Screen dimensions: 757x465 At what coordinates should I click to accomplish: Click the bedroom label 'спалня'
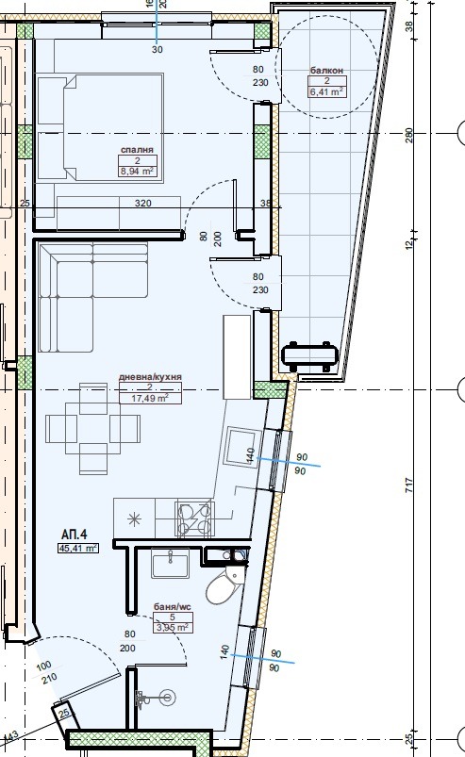click(x=137, y=150)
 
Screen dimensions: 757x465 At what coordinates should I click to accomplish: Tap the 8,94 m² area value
click(x=138, y=172)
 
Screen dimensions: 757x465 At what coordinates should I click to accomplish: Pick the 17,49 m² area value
click(x=150, y=399)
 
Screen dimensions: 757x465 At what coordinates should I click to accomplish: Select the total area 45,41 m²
click(x=78, y=548)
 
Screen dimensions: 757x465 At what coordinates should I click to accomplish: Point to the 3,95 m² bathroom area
click(x=173, y=626)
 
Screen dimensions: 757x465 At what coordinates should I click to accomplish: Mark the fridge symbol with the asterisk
click(x=134, y=517)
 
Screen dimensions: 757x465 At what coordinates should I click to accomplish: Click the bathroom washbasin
click(x=170, y=564)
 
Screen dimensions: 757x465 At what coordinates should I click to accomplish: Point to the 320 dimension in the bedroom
click(x=143, y=203)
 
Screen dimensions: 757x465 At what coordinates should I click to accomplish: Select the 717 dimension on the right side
click(x=408, y=485)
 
